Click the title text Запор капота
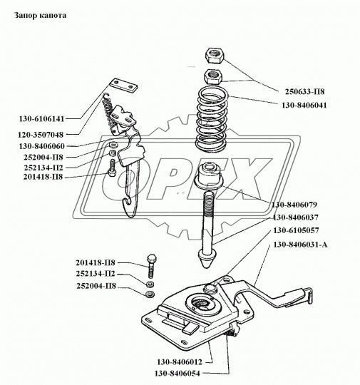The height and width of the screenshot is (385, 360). (40, 15)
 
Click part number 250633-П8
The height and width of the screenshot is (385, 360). (304, 91)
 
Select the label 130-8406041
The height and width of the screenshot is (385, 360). (304, 106)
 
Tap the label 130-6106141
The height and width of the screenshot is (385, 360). (41, 119)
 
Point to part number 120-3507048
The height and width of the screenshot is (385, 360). (41, 135)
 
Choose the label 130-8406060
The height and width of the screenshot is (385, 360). (42, 146)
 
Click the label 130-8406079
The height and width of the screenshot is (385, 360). (294, 205)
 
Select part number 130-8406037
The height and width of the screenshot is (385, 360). (296, 217)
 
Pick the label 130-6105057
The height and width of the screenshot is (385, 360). (296, 230)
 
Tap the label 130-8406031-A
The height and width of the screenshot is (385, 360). (300, 245)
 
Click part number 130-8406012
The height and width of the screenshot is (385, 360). (180, 362)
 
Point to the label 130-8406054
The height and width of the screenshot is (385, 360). (178, 373)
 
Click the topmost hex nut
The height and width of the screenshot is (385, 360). (215, 56)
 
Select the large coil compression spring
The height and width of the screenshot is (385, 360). (212, 120)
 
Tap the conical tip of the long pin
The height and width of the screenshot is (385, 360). (207, 261)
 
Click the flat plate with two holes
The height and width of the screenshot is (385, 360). (123, 86)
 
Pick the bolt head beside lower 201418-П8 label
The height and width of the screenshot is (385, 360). (152, 258)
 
